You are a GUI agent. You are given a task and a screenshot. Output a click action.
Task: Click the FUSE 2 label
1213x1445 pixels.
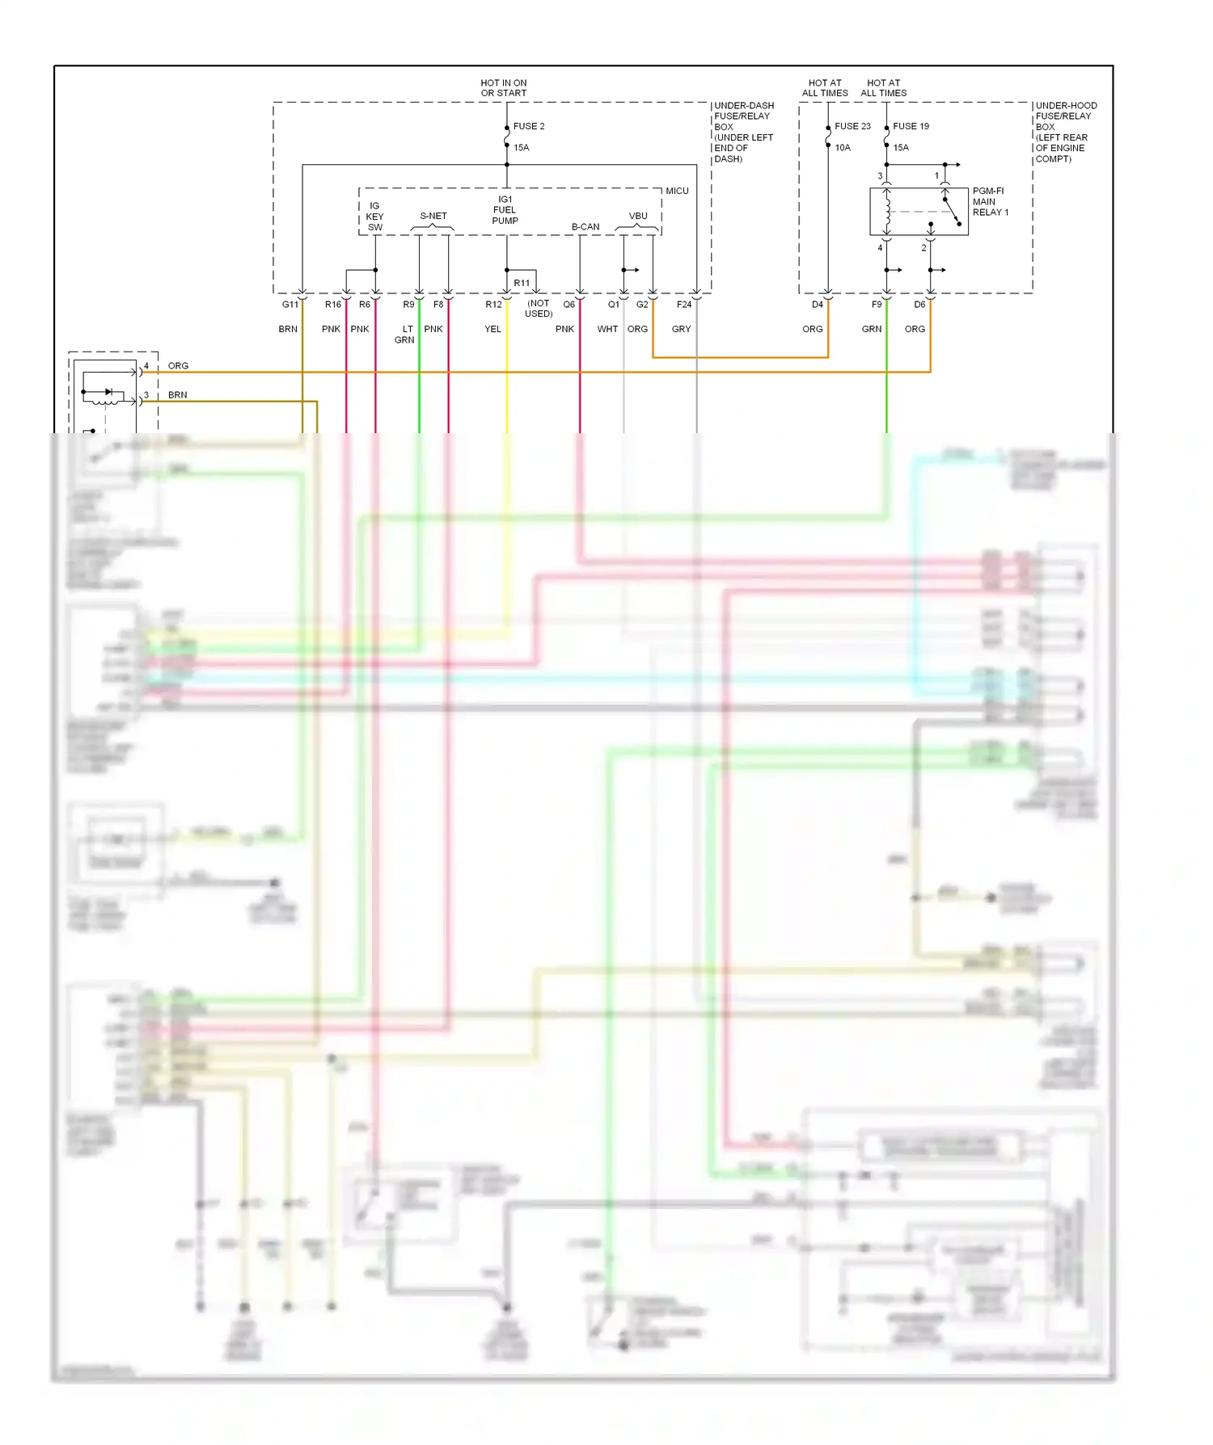529,126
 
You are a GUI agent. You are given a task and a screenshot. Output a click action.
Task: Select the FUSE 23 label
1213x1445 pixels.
852,126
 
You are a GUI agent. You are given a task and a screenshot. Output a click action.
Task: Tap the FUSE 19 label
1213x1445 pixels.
911,126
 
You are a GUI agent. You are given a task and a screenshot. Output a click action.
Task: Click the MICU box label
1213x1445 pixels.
677,191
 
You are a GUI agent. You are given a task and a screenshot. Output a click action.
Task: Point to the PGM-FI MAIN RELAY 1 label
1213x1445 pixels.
990,202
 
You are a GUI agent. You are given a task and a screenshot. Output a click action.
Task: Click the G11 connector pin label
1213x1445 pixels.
290,305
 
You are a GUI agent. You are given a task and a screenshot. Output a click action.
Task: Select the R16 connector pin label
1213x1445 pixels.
333,305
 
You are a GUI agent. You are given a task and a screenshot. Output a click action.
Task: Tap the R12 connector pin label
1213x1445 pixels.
493,305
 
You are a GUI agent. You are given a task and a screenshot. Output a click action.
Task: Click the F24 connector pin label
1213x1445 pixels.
684,305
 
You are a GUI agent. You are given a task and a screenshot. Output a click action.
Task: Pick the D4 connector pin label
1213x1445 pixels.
818,305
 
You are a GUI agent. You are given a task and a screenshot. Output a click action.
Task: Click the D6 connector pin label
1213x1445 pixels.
919,305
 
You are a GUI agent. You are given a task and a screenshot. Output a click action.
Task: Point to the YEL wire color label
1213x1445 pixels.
492,329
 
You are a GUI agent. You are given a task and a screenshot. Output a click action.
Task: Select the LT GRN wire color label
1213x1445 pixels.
405,335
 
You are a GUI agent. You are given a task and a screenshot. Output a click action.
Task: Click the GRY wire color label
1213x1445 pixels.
681,329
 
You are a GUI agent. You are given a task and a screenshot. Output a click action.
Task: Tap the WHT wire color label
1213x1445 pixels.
607,329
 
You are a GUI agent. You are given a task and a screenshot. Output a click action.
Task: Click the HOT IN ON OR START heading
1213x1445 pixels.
503,88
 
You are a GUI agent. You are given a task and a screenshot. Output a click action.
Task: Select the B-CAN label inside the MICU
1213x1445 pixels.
585,227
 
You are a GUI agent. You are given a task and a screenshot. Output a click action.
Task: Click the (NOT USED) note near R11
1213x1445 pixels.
539,309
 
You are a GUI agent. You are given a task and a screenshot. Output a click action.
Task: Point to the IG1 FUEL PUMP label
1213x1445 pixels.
505,210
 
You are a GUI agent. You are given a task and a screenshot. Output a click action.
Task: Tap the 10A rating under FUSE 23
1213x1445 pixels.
843,148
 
